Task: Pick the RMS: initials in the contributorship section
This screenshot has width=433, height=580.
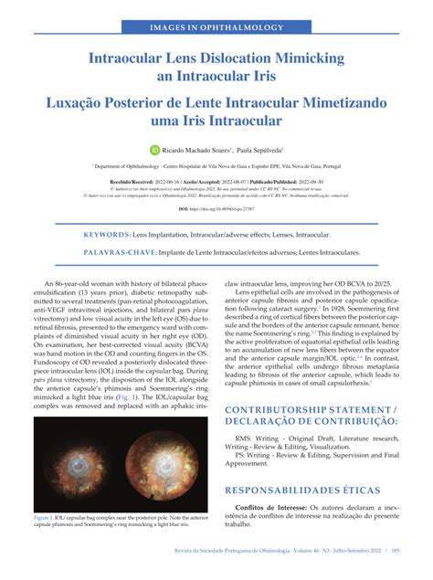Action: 242,437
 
